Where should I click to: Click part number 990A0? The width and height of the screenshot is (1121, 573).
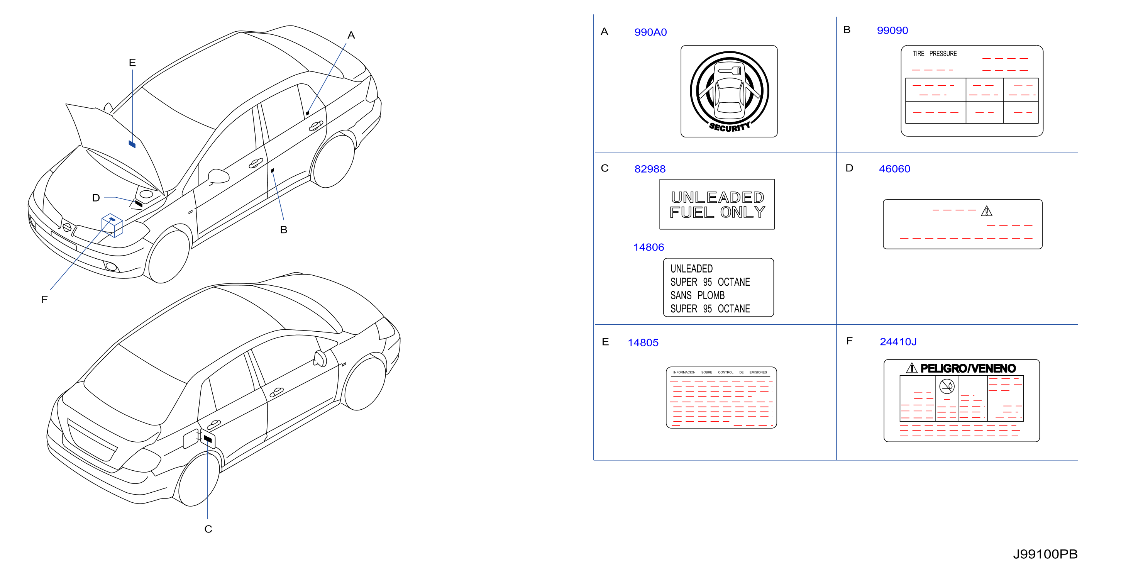tap(650, 32)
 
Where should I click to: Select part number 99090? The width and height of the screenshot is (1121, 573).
tap(892, 31)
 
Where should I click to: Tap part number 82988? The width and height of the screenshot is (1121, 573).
tap(650, 169)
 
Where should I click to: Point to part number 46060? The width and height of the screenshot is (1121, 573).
tap(894, 169)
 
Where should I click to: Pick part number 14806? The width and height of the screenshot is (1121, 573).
tap(649, 248)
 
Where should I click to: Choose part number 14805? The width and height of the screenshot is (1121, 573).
tap(643, 342)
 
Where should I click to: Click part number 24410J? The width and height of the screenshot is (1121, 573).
tap(898, 342)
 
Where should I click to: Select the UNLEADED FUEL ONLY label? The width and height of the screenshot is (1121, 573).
tap(717, 204)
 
